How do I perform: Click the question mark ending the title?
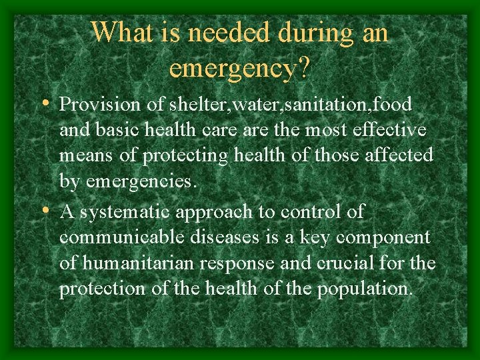coord(303,67)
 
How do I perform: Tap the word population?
coord(364,289)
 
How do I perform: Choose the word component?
coord(383,238)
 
